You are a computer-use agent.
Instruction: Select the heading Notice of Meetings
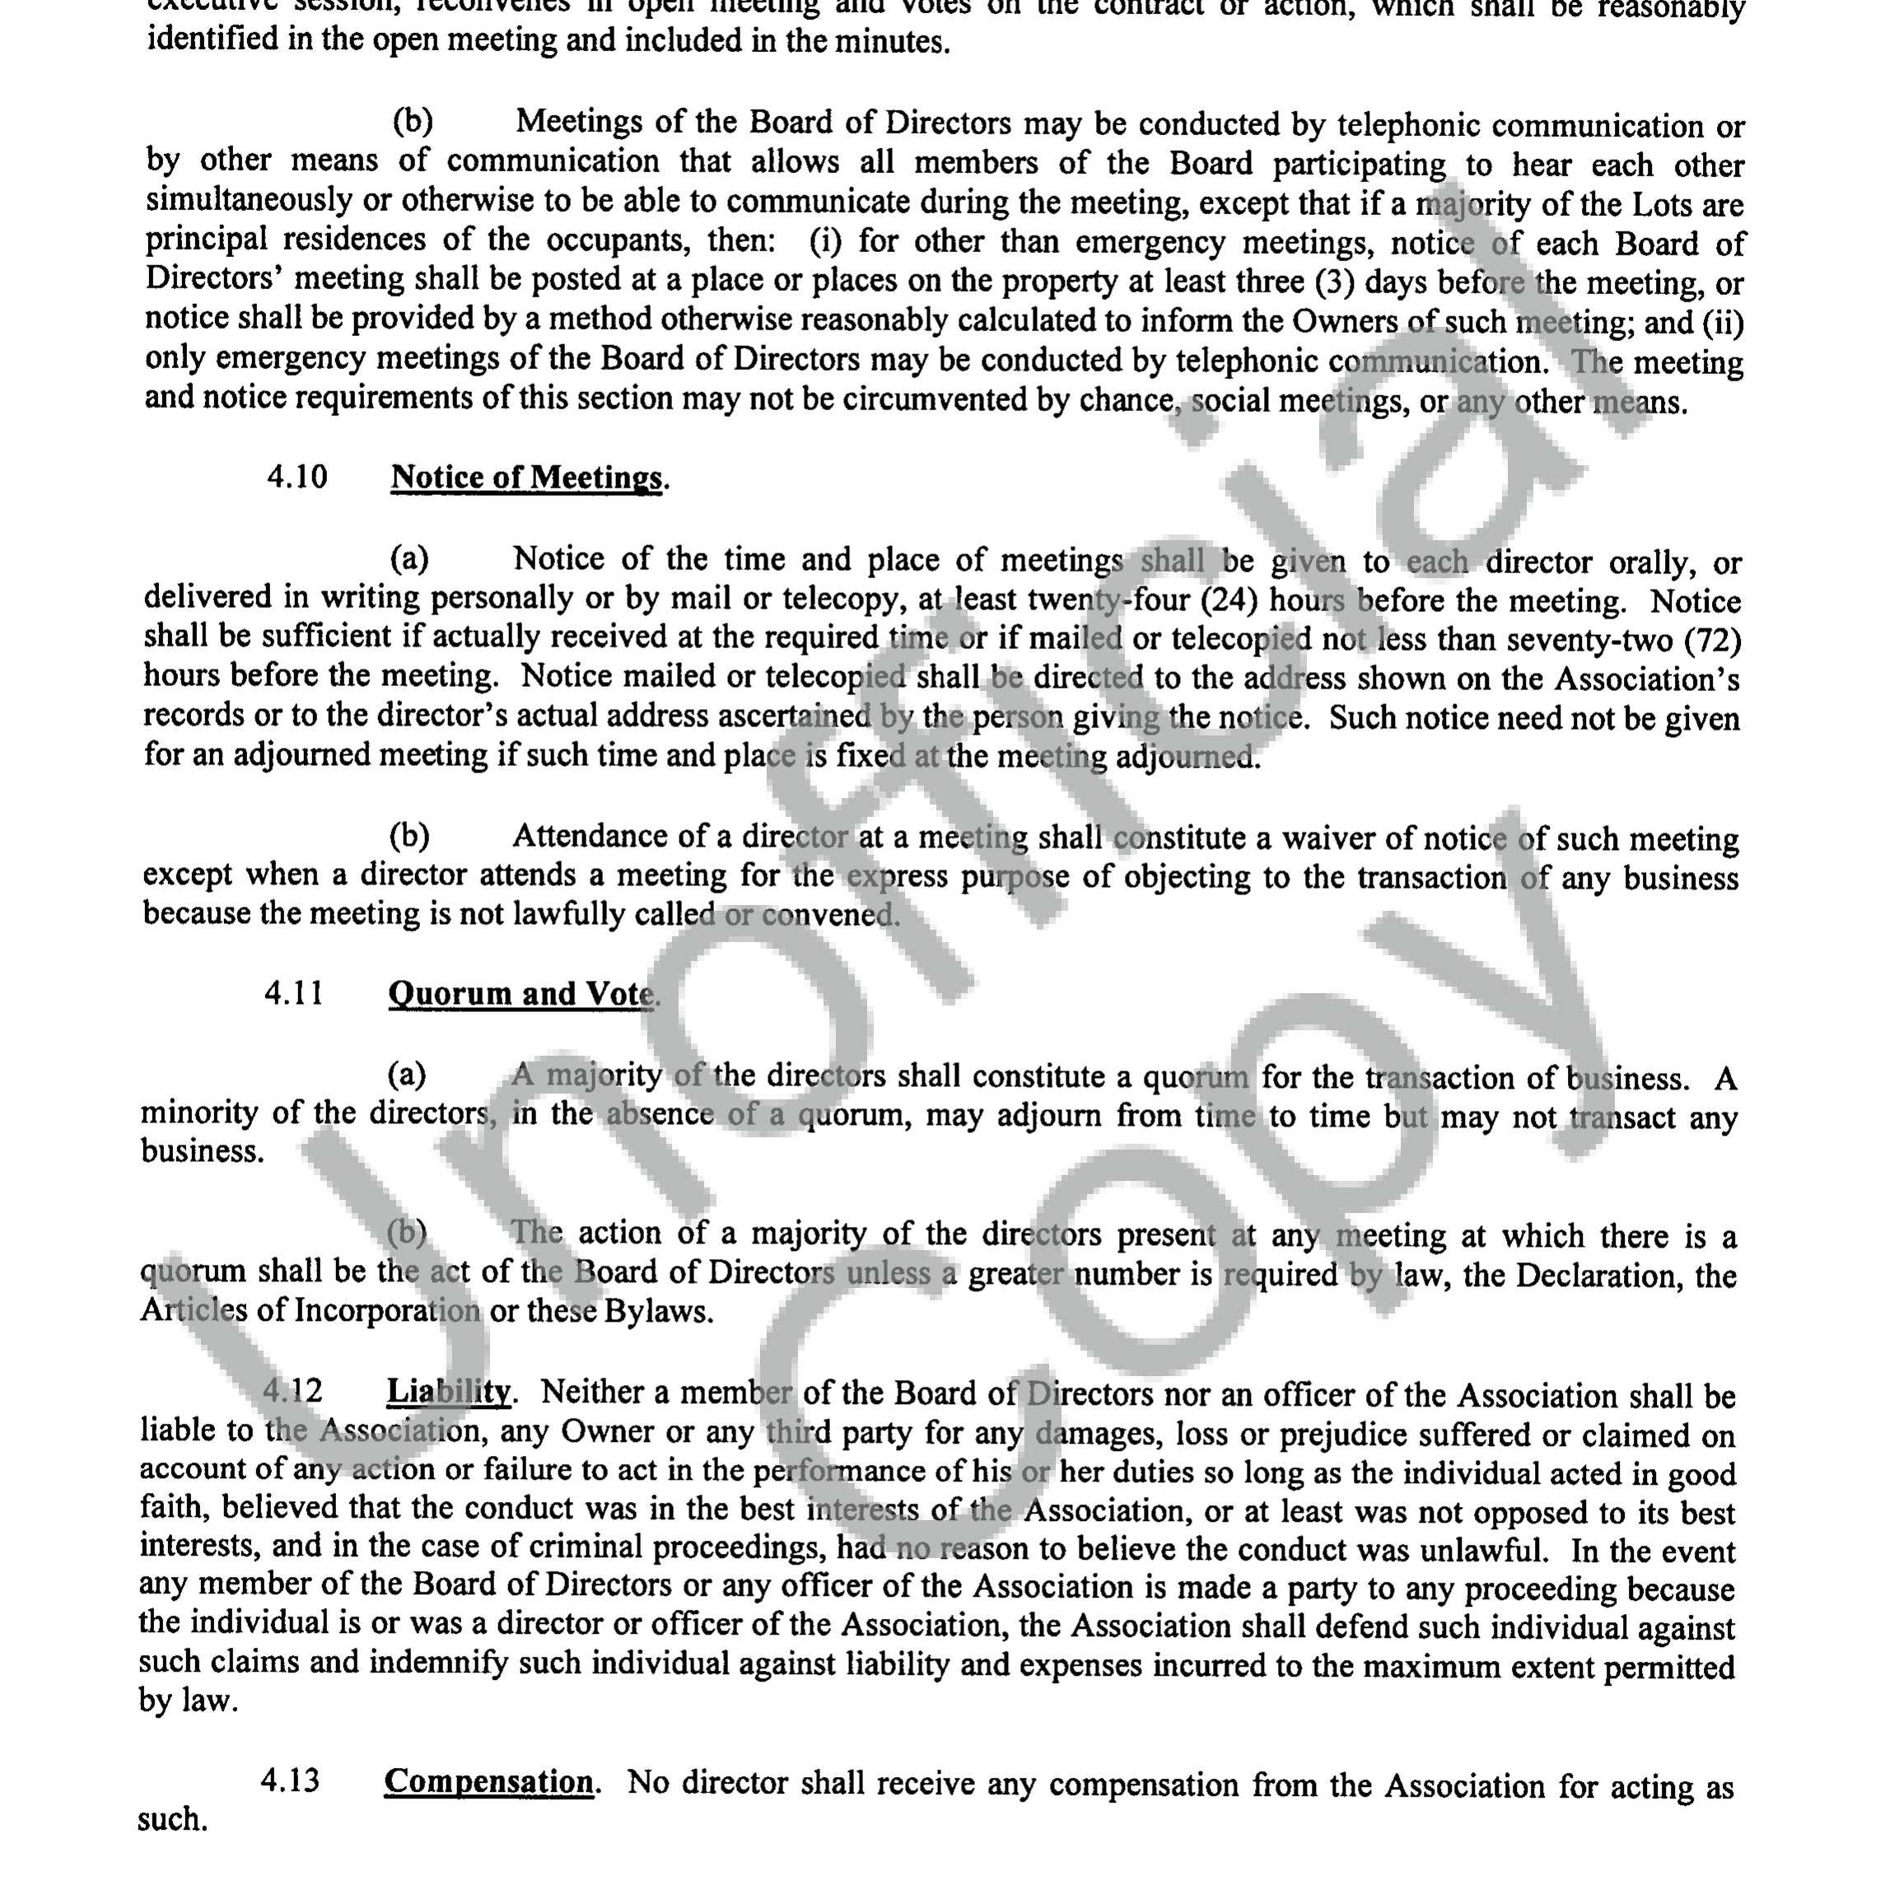(x=526, y=478)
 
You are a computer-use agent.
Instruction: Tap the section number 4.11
(x=294, y=993)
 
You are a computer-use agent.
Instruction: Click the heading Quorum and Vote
(x=521, y=994)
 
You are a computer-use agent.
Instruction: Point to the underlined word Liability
(x=448, y=1393)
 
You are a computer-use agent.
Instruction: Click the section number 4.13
(x=290, y=1780)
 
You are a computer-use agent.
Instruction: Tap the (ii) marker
(x=1722, y=321)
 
